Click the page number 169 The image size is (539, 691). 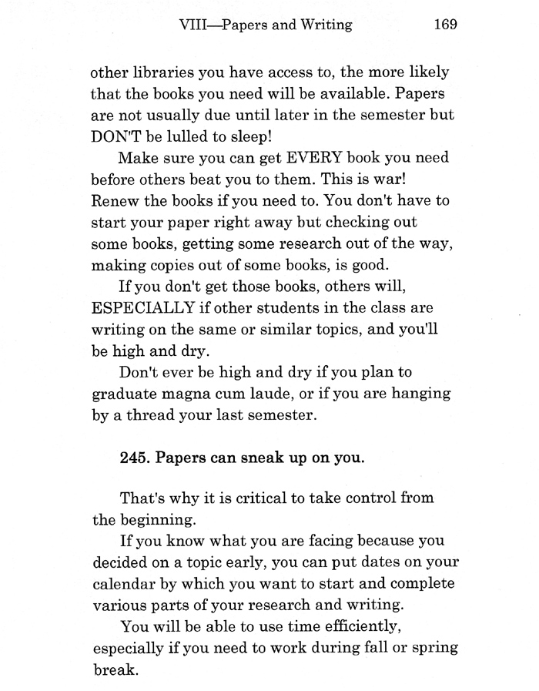pos(446,25)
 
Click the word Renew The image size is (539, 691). pos(115,202)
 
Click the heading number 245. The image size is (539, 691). pos(134,456)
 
